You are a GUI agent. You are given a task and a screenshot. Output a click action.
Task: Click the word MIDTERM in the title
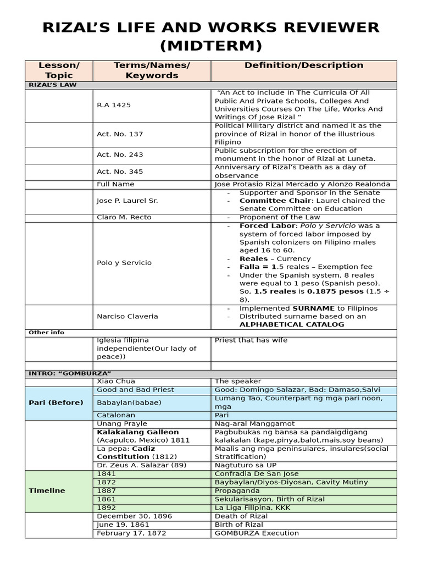click(x=210, y=44)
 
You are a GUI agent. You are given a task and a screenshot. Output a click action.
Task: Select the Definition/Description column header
click(x=303, y=65)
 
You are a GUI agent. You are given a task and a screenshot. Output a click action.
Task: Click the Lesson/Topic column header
click(x=59, y=70)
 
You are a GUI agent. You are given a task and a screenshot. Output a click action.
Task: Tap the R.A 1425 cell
click(x=114, y=105)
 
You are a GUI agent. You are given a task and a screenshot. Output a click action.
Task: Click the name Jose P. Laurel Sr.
click(x=127, y=201)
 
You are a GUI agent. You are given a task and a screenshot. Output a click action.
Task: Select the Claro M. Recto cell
click(x=124, y=217)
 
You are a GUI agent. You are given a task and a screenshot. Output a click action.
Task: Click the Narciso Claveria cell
click(x=127, y=316)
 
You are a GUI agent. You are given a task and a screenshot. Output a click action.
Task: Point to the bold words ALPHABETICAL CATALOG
click(x=291, y=324)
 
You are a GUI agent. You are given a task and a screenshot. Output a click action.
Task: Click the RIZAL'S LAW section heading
click(x=53, y=85)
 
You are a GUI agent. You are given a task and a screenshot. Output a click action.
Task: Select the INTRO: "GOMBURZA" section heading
click(x=65, y=374)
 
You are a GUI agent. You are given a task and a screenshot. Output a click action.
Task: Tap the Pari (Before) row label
click(x=56, y=402)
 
